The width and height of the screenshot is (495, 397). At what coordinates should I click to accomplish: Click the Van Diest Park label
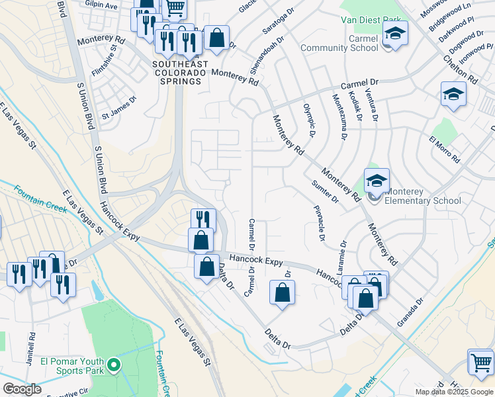(370, 21)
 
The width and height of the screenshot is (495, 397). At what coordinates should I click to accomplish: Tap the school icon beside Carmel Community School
(395, 34)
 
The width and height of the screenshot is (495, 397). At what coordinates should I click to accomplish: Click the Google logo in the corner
(22, 389)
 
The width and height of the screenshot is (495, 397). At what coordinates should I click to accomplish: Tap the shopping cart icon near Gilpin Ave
(175, 8)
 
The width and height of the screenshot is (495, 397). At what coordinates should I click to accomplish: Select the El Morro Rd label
(444, 150)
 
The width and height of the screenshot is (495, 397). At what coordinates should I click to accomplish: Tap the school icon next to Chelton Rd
(453, 94)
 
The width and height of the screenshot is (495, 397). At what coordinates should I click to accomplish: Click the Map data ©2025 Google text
(454, 392)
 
